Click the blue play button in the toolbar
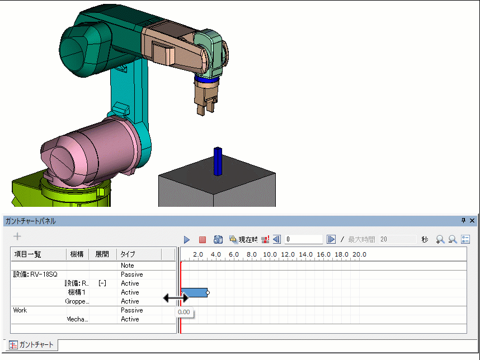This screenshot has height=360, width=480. tap(187, 239)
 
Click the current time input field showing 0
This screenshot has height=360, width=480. tap(303, 239)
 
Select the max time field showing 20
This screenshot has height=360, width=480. tap(397, 239)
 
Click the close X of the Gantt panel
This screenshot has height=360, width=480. tap(472, 220)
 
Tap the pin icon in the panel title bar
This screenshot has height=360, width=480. tap(463, 220)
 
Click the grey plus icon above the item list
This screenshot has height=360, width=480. tap(17, 236)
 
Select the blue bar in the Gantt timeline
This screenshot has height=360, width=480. tap(194, 293)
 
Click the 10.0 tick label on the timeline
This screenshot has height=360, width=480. tap(270, 254)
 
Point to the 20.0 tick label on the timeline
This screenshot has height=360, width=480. tap(359, 254)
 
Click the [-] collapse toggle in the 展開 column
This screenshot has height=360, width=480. tap(102, 283)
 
